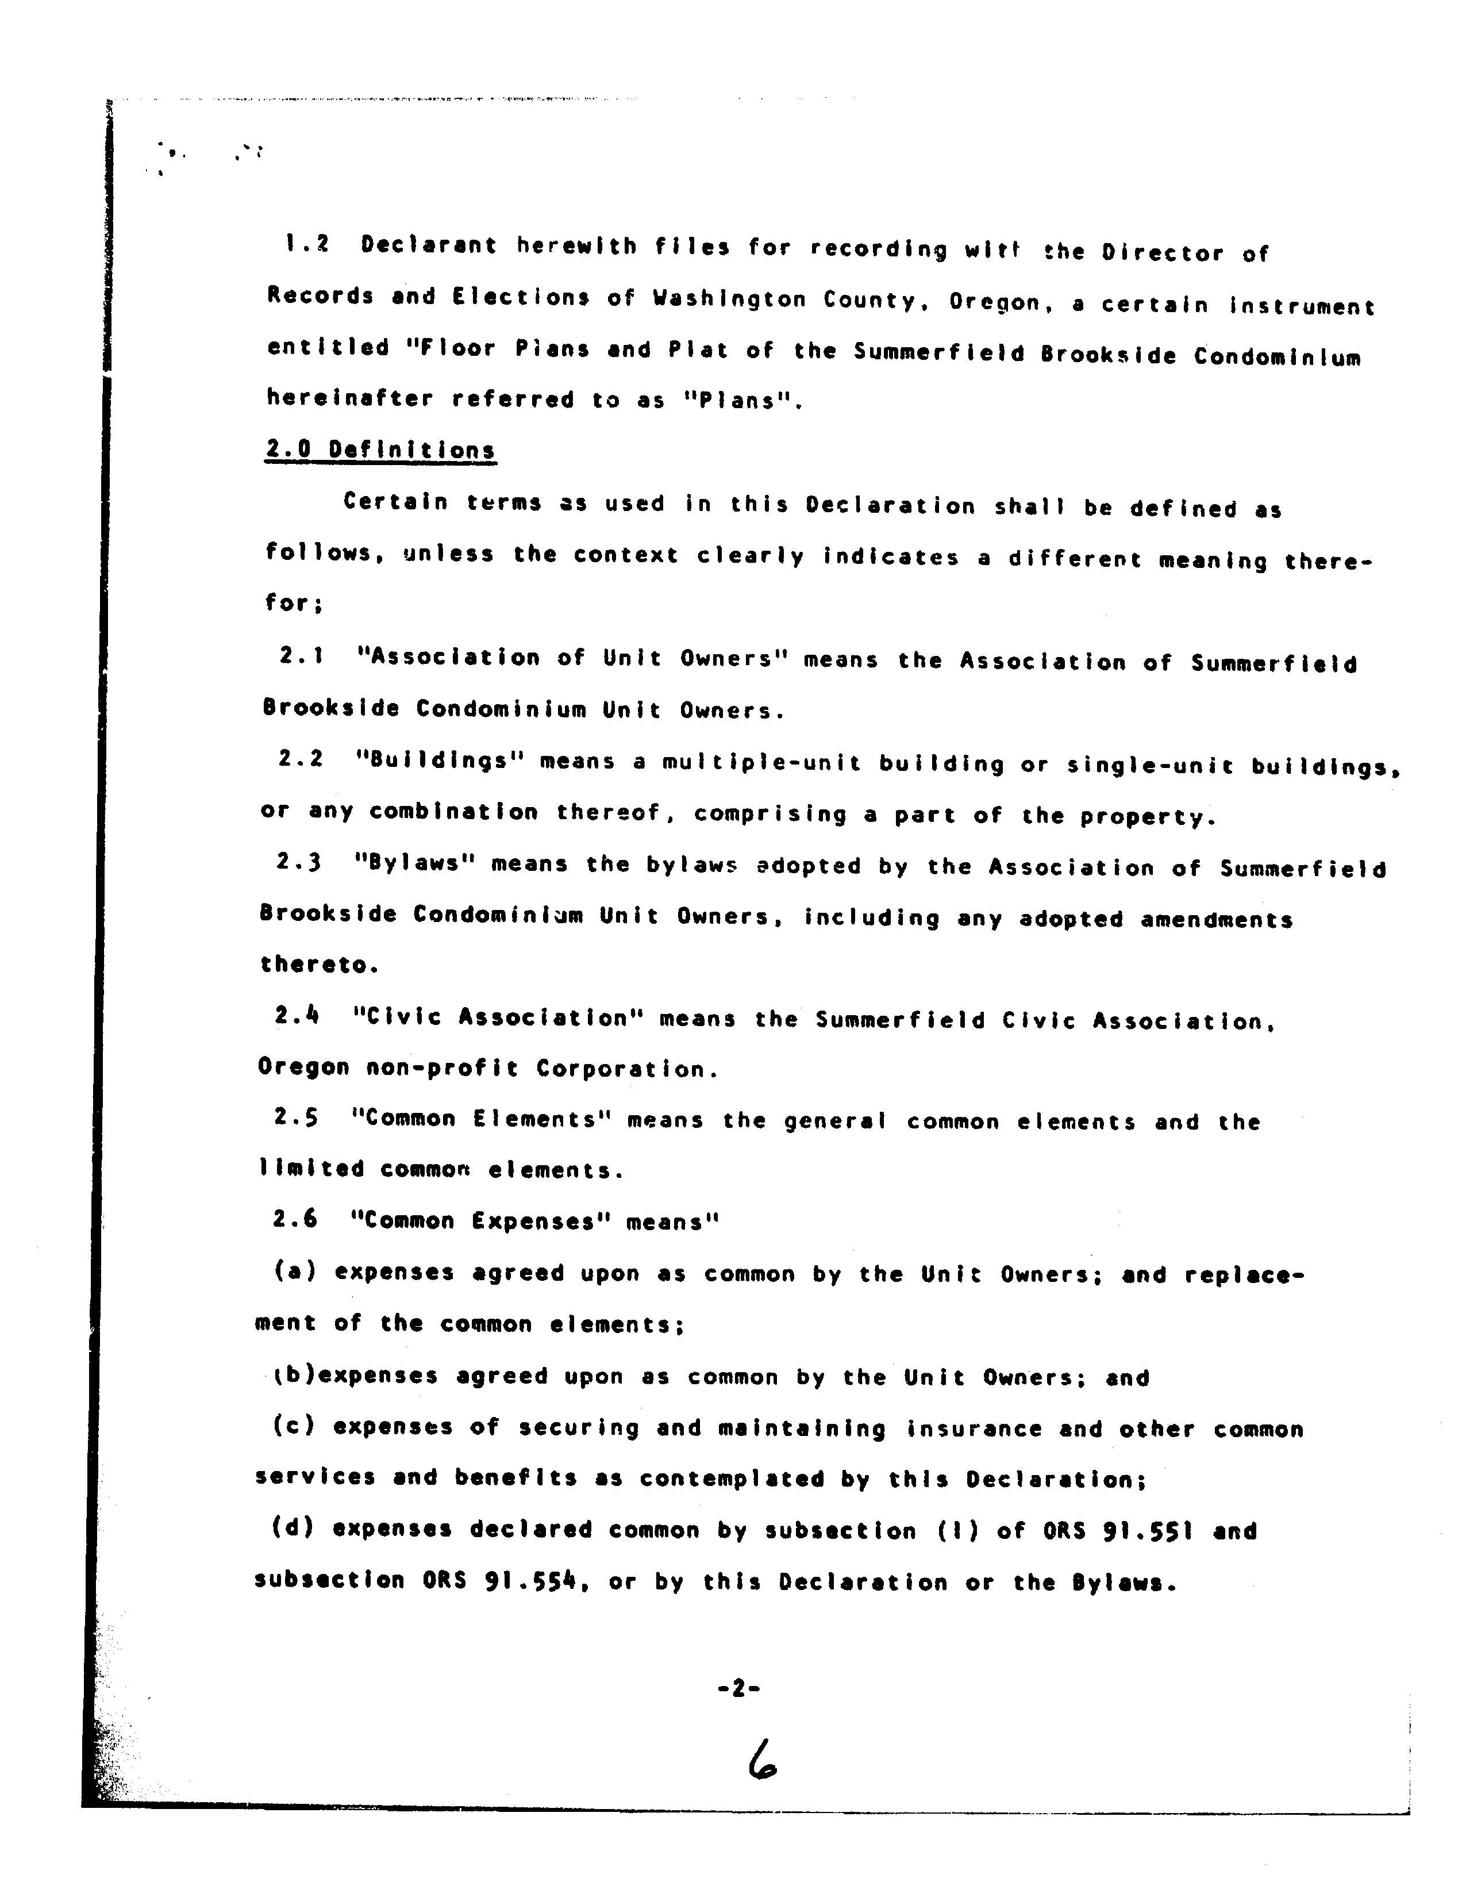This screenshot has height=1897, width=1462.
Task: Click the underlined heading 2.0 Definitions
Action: [x=380, y=450]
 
